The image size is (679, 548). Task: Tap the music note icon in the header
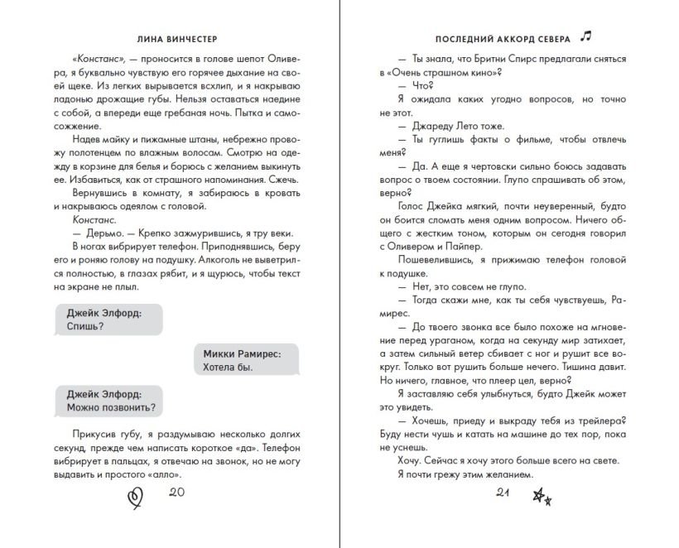click(587, 36)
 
